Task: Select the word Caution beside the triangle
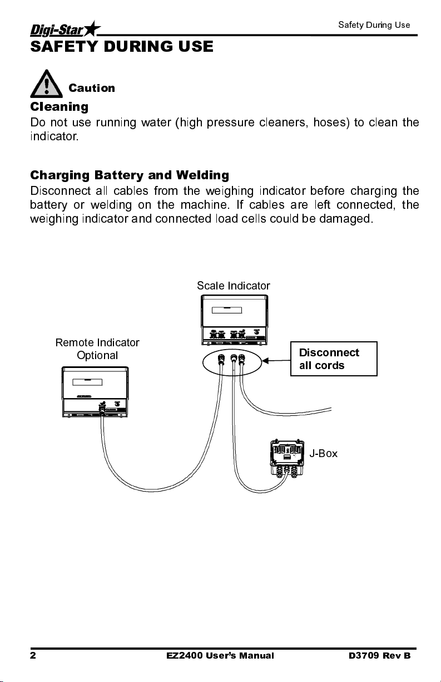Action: [x=92, y=88]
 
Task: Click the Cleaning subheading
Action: [x=59, y=106]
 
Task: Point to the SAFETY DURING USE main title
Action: [x=121, y=47]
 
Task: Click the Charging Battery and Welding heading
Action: [x=129, y=176]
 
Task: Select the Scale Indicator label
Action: [x=234, y=286]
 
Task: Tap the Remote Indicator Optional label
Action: [x=97, y=349]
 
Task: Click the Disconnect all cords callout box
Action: [x=334, y=359]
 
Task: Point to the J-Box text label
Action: [x=324, y=453]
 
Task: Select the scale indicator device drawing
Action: [x=234, y=320]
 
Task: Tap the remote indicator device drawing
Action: [x=95, y=392]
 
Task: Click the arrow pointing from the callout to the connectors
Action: [x=276, y=361]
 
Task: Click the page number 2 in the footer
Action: [x=33, y=656]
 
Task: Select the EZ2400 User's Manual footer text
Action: [x=220, y=656]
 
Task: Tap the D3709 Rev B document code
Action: [x=376, y=656]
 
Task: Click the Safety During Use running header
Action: [x=374, y=25]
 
